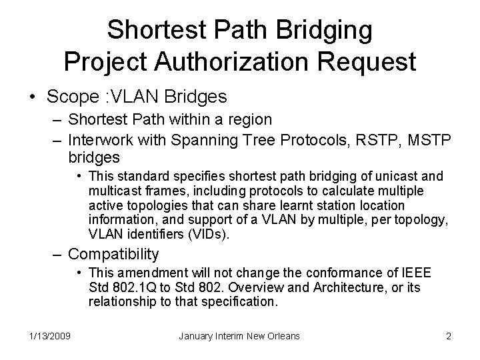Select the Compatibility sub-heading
pyautogui.click(x=113, y=254)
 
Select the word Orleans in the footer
pyautogui.click(x=281, y=336)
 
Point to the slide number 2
pyautogui.click(x=448, y=336)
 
